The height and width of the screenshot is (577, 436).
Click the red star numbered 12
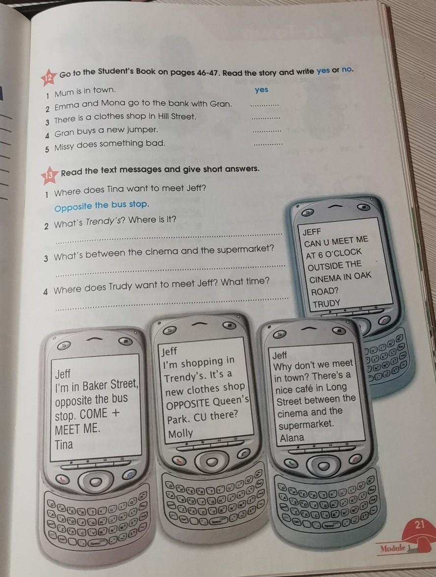point(49,77)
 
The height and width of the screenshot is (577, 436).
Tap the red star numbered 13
point(49,175)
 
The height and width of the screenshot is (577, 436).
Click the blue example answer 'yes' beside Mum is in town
point(262,90)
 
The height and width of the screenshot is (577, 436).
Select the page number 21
point(420,524)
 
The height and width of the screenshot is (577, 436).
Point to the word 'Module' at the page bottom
point(392,548)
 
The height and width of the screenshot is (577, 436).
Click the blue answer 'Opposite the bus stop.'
point(102,205)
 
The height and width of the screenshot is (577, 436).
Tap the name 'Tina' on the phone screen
point(64,445)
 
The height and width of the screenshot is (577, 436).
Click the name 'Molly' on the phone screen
point(180,433)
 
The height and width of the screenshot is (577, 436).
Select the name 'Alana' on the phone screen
point(292,438)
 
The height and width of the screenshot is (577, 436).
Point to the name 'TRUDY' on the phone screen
point(326,304)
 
